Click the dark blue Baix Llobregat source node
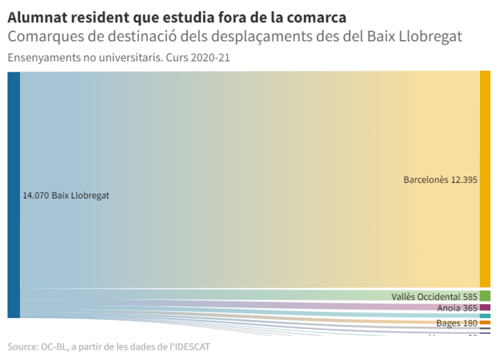click(x=14, y=194)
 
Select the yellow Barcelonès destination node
click(x=485, y=179)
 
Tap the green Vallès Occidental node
click(x=485, y=296)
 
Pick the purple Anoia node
click(x=485, y=308)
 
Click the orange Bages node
click(x=485, y=323)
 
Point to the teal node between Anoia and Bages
click(x=485, y=316)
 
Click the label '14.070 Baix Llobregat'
click(x=66, y=195)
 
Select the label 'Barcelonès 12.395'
click(x=440, y=180)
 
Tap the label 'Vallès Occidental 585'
click(x=434, y=297)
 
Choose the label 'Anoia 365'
click(x=457, y=308)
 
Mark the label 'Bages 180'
click(x=457, y=324)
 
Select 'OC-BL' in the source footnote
click(x=58, y=346)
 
